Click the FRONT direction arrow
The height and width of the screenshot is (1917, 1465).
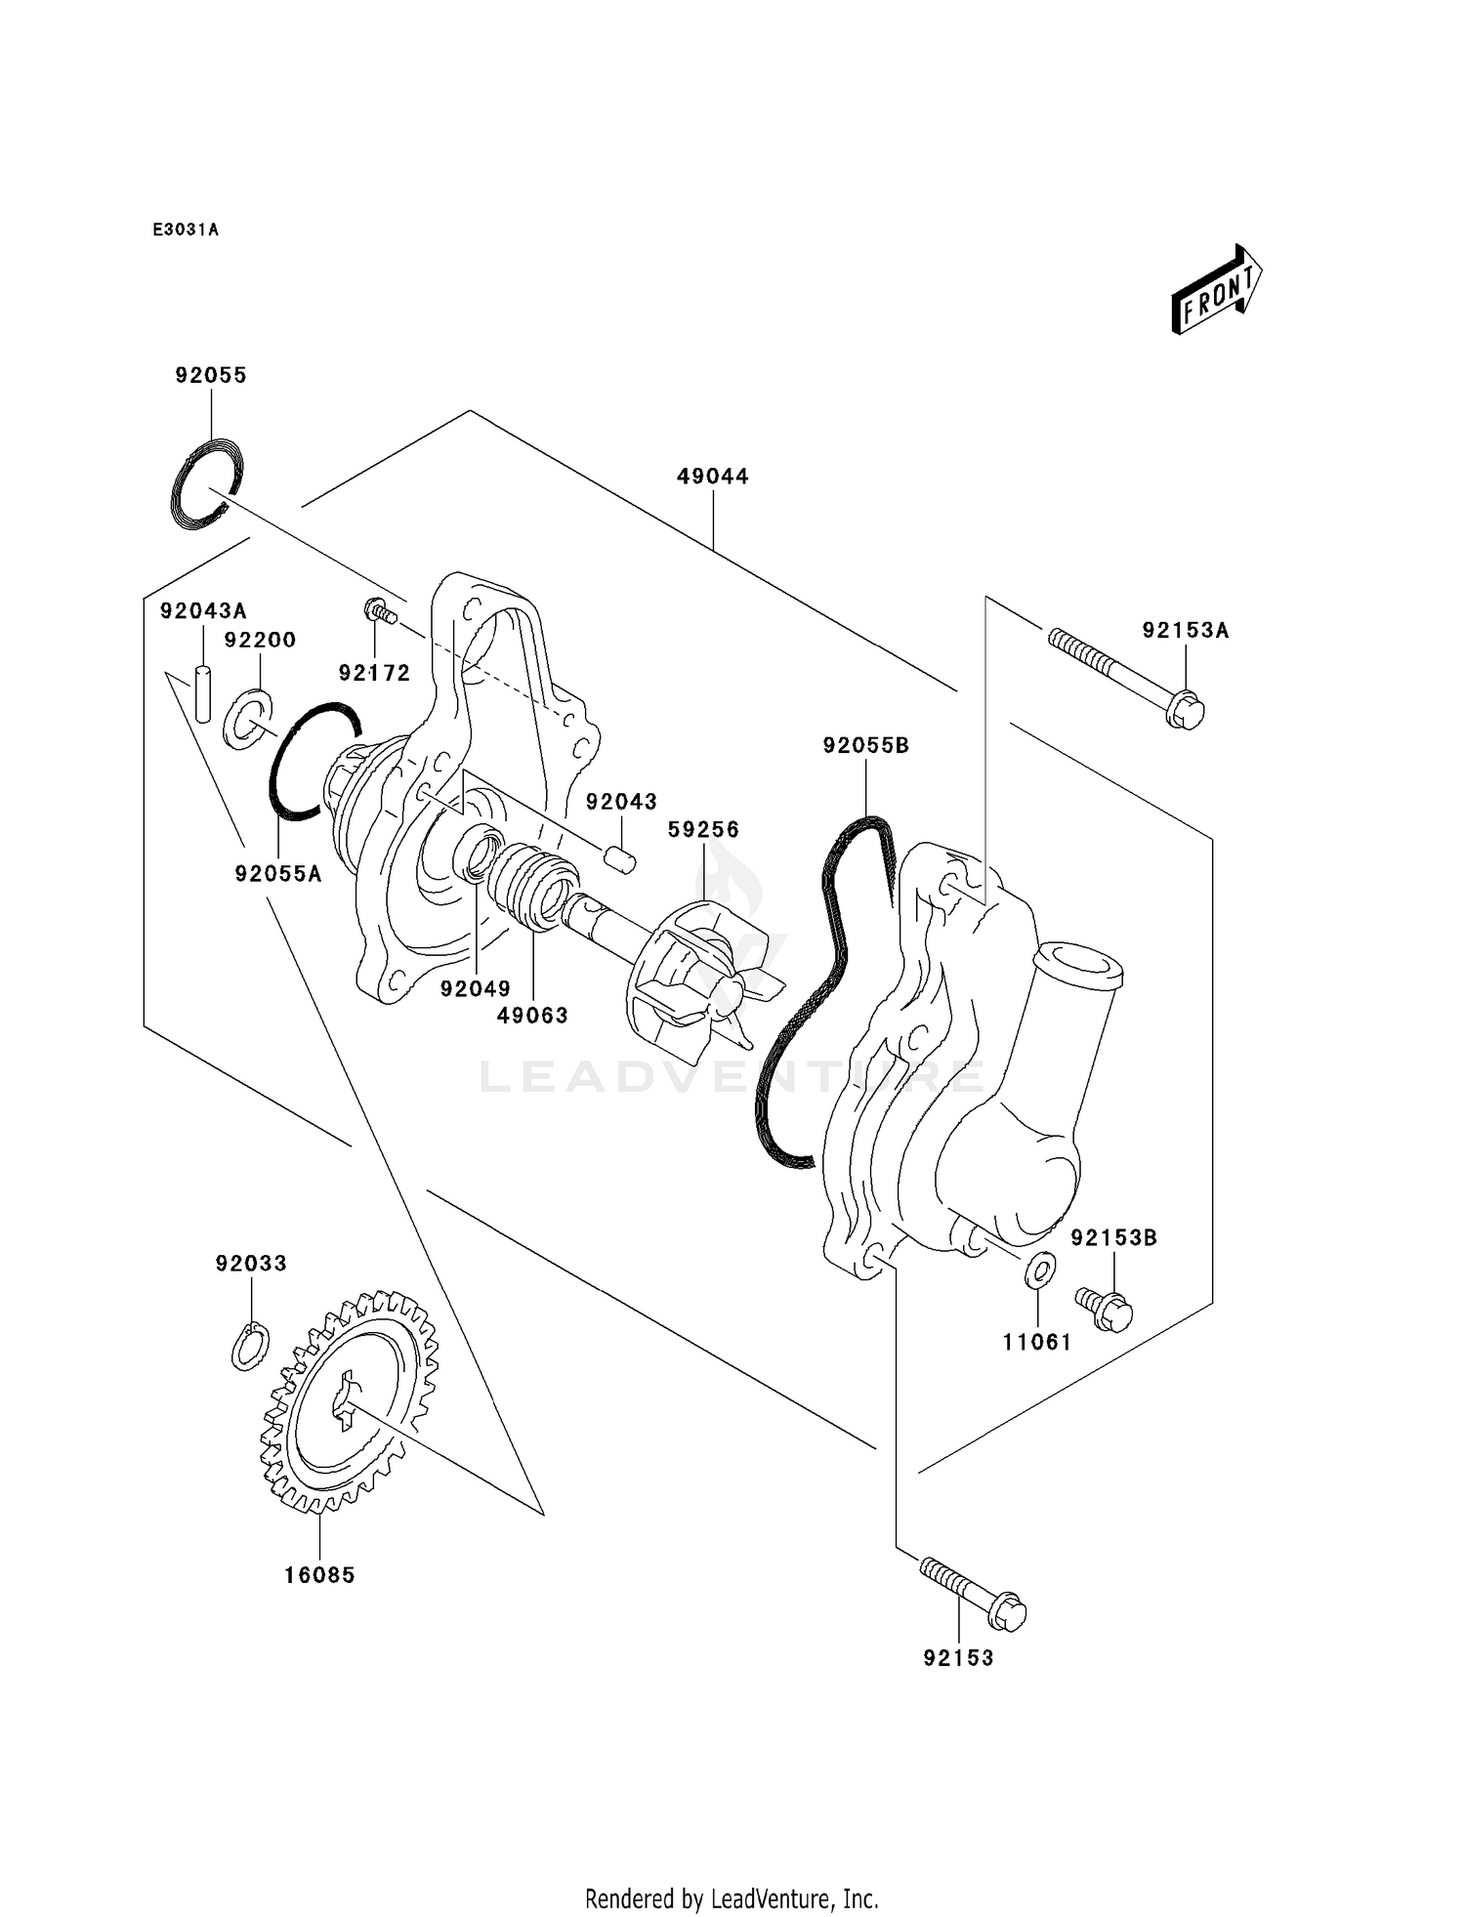pos(1217,291)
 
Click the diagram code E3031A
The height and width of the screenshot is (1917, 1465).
pos(186,230)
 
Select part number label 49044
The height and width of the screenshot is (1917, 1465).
pos(713,477)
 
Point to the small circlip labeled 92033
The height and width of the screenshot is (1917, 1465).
pos(251,1346)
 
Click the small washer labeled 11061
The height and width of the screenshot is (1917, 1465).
pos(1040,1270)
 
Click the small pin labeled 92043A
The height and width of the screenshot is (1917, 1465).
pos(203,693)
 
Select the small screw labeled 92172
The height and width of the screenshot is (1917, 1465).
pos(380,612)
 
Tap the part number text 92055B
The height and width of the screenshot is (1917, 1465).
pos(866,746)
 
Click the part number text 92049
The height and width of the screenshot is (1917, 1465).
pos(475,988)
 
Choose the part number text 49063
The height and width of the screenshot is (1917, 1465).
pos(532,1015)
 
